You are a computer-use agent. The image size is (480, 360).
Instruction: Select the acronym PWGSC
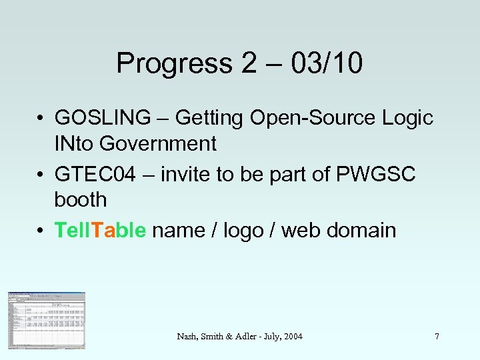pyautogui.click(x=377, y=175)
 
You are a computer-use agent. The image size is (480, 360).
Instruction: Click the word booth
pyautogui.click(x=81, y=199)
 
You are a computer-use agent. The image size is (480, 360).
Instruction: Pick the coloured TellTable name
pyautogui.click(x=100, y=231)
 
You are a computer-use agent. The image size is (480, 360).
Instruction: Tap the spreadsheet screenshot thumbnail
pyautogui.click(x=47, y=321)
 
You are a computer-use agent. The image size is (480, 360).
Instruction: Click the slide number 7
pyautogui.click(x=437, y=337)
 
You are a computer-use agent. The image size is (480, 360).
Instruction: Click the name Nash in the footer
pyautogui.click(x=187, y=337)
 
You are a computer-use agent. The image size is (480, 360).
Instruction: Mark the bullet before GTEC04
pyautogui.click(x=41, y=175)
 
